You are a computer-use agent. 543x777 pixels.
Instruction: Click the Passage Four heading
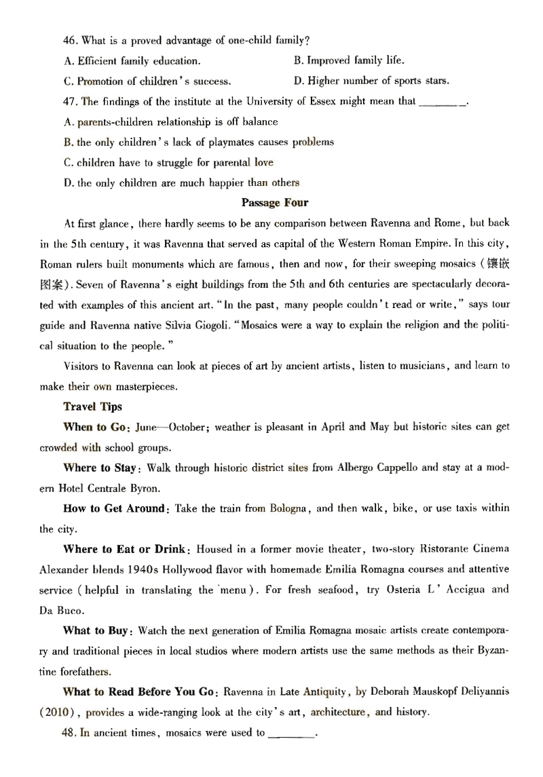click(x=274, y=202)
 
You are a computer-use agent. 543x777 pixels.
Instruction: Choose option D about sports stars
click(x=371, y=81)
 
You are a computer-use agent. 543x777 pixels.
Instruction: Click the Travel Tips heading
click(x=92, y=406)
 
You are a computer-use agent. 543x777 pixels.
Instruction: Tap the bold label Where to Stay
click(x=101, y=468)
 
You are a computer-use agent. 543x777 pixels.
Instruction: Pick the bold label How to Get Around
click(x=114, y=508)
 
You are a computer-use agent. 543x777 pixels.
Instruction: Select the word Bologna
click(x=288, y=508)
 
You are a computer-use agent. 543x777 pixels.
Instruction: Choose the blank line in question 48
click(x=293, y=732)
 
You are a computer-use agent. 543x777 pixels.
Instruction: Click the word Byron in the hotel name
click(x=149, y=488)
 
